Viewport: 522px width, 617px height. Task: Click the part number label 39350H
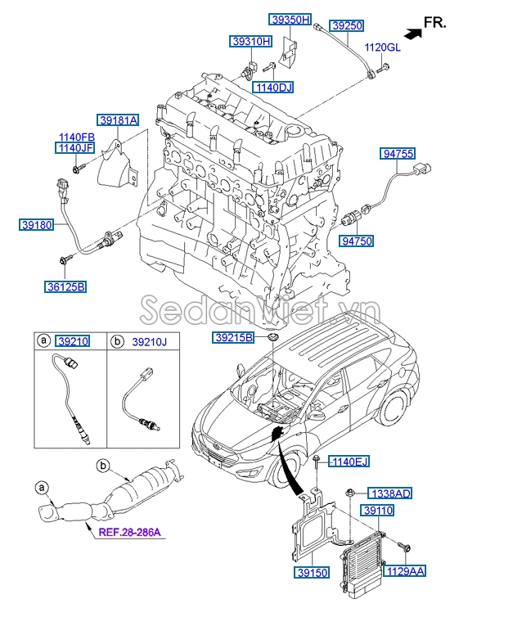click(290, 20)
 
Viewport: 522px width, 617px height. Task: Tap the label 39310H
click(249, 40)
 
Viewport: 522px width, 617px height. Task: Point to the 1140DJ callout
click(272, 87)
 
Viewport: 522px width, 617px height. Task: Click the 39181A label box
click(119, 120)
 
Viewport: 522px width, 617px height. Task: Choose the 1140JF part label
click(75, 148)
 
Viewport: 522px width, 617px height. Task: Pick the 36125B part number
click(65, 286)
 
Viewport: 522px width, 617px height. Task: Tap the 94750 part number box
click(358, 241)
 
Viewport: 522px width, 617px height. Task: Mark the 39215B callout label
click(235, 337)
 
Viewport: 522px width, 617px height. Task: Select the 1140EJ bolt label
click(350, 462)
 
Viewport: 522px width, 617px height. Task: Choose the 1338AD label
click(390, 493)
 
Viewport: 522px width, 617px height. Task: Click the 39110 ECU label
click(379, 511)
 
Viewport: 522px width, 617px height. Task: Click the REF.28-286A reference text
click(130, 533)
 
